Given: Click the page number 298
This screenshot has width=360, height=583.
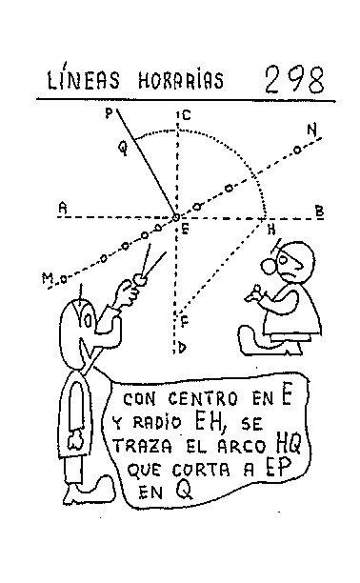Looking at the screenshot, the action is pyautogui.click(x=295, y=77).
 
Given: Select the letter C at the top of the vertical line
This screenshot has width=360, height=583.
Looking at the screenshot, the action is pyautogui.click(x=186, y=116).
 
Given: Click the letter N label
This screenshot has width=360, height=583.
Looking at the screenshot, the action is pyautogui.click(x=311, y=129).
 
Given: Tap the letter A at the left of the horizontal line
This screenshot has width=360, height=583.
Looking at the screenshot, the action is pyautogui.click(x=62, y=207).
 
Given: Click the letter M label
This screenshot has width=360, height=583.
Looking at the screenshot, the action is pyautogui.click(x=45, y=278).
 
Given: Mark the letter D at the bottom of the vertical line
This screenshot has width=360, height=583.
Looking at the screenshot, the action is pyautogui.click(x=183, y=348).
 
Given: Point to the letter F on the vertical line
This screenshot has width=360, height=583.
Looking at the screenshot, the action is pyautogui.click(x=184, y=320).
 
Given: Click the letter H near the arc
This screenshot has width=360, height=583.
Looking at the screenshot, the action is pyautogui.click(x=271, y=229).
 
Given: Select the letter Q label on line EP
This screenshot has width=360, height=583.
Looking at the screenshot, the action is pyautogui.click(x=121, y=149).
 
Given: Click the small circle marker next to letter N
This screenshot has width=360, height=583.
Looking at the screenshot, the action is pyautogui.click(x=297, y=150).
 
